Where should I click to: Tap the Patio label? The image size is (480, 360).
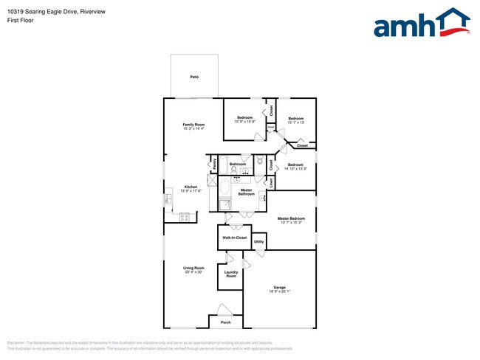point(194,77)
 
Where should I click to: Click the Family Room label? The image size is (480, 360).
point(193,125)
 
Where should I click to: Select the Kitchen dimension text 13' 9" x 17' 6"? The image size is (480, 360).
point(191,191)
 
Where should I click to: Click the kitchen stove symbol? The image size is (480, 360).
point(185,217)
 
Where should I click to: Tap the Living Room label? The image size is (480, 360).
point(193,268)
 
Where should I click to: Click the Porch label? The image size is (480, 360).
point(226,322)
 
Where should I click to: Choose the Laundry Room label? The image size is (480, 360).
point(231,274)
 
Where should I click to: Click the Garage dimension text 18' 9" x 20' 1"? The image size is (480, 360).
point(279,291)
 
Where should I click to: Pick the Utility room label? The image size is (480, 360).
point(259,241)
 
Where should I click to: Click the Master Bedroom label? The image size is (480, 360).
point(292,218)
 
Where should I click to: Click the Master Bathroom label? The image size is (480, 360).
point(247,192)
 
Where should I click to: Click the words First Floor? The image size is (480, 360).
point(21,20)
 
